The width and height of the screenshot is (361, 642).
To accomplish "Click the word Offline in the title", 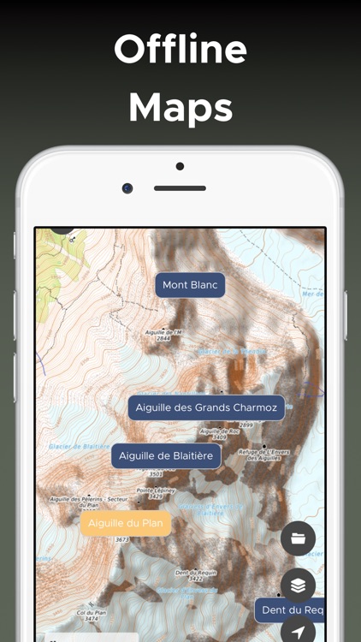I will click(x=180, y=50).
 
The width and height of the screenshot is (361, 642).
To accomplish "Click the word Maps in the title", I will click(x=180, y=108).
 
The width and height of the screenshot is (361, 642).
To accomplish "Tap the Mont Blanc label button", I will click(x=190, y=285).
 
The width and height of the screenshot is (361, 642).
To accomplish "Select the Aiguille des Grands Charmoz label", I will click(x=206, y=407).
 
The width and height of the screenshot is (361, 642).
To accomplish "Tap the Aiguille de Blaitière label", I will click(x=166, y=455).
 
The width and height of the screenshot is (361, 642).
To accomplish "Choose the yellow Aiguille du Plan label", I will click(x=126, y=523).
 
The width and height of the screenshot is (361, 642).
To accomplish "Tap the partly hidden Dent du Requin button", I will click(x=291, y=610).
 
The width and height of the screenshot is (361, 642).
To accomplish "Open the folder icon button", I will click(x=298, y=538).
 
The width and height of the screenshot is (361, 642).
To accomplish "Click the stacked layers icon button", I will click(x=298, y=586).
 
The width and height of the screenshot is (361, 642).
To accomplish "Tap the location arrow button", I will click(x=298, y=632).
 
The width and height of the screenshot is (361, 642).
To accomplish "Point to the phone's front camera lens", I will click(x=127, y=188).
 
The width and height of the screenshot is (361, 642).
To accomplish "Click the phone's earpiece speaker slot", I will click(x=180, y=188).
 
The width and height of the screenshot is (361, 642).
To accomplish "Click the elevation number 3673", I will click(x=121, y=539).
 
